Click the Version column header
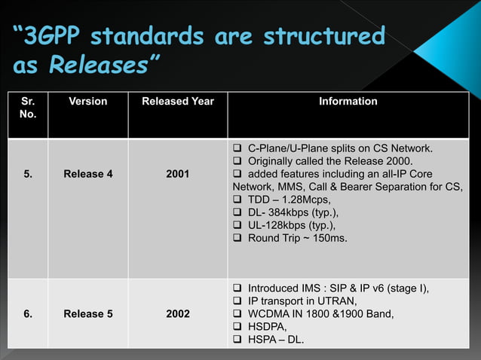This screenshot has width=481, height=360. [x=88, y=101]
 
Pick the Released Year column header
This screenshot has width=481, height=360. [x=177, y=101]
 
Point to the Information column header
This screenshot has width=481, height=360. [x=348, y=101]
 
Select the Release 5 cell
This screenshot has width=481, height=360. [x=88, y=314]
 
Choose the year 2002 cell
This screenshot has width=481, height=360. [x=177, y=314]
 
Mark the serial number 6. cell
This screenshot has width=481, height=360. [x=27, y=314]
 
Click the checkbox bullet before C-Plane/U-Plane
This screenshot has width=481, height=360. [x=238, y=147]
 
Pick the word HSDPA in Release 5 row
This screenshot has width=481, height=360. [x=267, y=328]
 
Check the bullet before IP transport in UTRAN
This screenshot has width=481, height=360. [x=238, y=301]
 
